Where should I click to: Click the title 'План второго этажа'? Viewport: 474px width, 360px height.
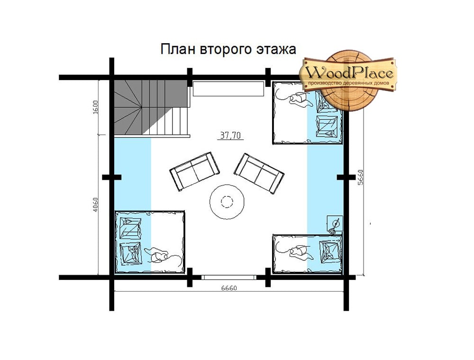point(228,49)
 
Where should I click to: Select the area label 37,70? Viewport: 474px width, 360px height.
point(230,135)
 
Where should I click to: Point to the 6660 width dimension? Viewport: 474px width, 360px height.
point(229,288)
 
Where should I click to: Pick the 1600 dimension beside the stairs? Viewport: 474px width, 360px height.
point(96,107)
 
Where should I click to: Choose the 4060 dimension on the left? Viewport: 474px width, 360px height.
point(96,204)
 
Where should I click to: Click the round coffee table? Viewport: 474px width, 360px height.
point(227,202)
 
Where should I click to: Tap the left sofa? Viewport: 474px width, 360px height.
point(195,171)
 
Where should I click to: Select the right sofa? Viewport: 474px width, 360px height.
point(259,173)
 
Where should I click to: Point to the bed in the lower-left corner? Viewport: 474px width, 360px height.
point(149,242)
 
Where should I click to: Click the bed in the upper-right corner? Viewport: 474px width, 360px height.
point(308,112)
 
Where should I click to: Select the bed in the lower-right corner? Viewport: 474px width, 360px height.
point(308,253)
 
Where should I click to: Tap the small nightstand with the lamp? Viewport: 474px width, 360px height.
point(335,224)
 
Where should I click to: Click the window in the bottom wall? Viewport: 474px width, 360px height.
point(229,277)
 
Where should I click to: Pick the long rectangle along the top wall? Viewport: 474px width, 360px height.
point(228,89)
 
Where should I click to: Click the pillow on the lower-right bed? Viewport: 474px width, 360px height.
point(330,251)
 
